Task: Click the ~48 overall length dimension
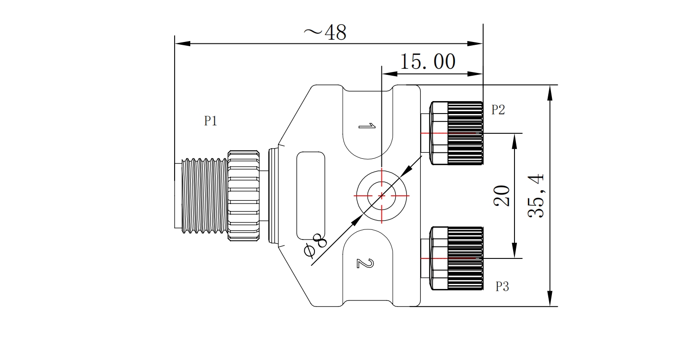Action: click(325, 32)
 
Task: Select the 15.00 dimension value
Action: click(427, 62)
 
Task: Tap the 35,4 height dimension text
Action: click(536, 196)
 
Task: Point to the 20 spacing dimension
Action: click(502, 196)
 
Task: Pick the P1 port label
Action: click(211, 121)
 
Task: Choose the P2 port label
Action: click(498, 110)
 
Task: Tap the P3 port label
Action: click(502, 287)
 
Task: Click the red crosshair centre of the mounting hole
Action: click(381, 196)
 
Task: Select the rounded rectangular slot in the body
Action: click(310, 196)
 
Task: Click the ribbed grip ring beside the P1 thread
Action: click(244, 196)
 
